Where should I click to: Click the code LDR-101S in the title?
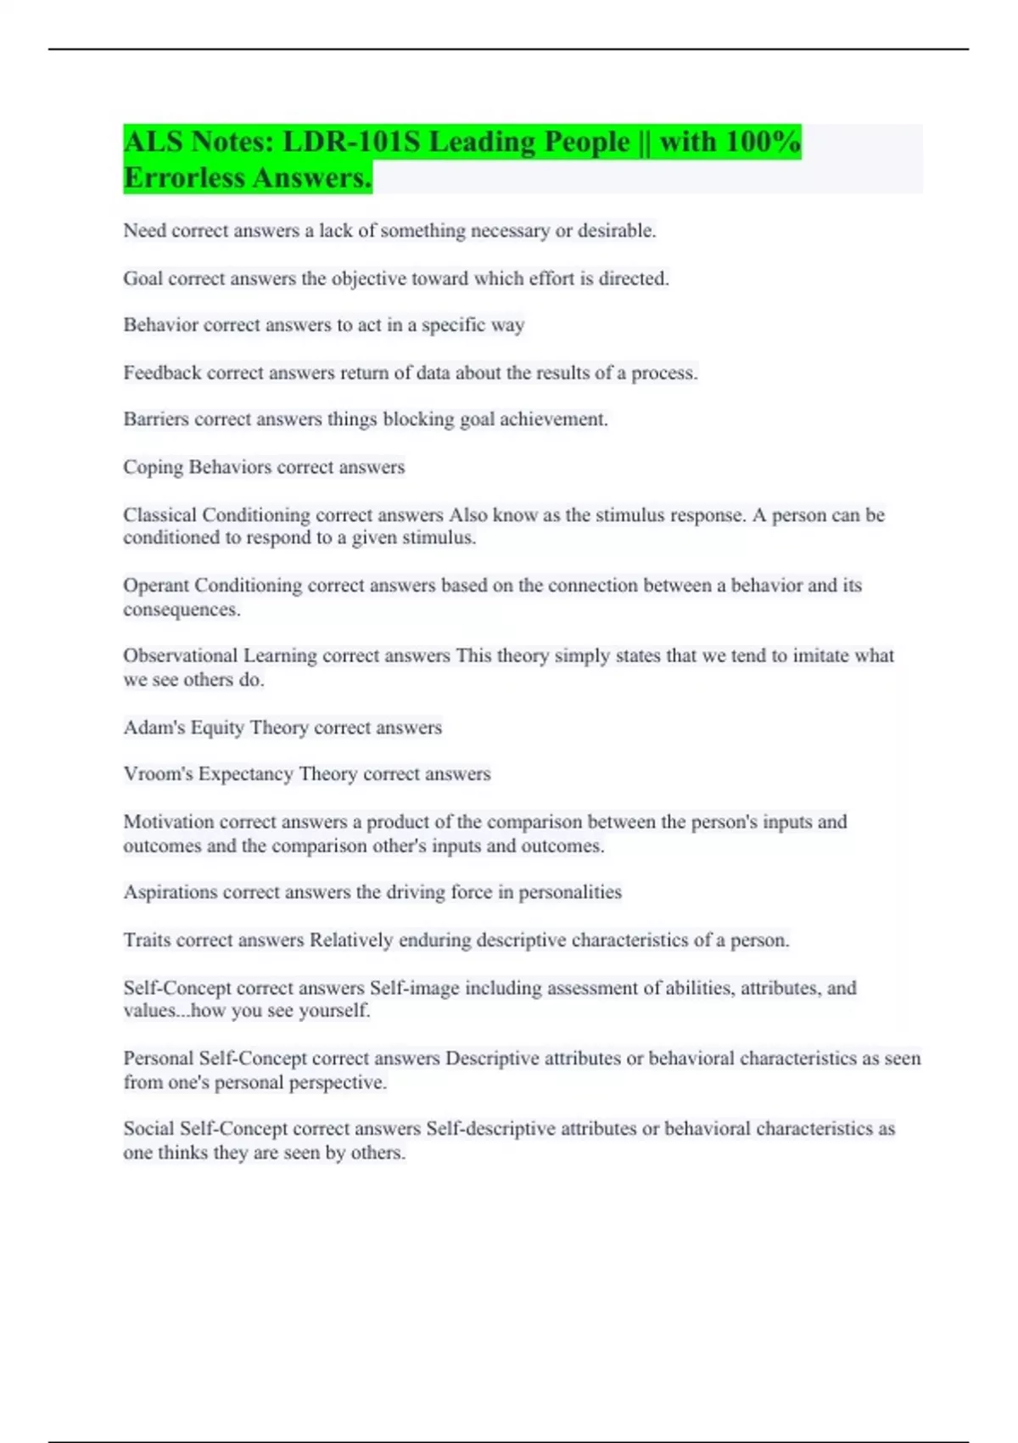(351, 142)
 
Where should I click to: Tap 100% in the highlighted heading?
(763, 142)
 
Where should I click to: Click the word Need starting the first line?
(144, 231)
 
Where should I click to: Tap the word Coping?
(153, 468)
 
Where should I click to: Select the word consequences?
(181, 609)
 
